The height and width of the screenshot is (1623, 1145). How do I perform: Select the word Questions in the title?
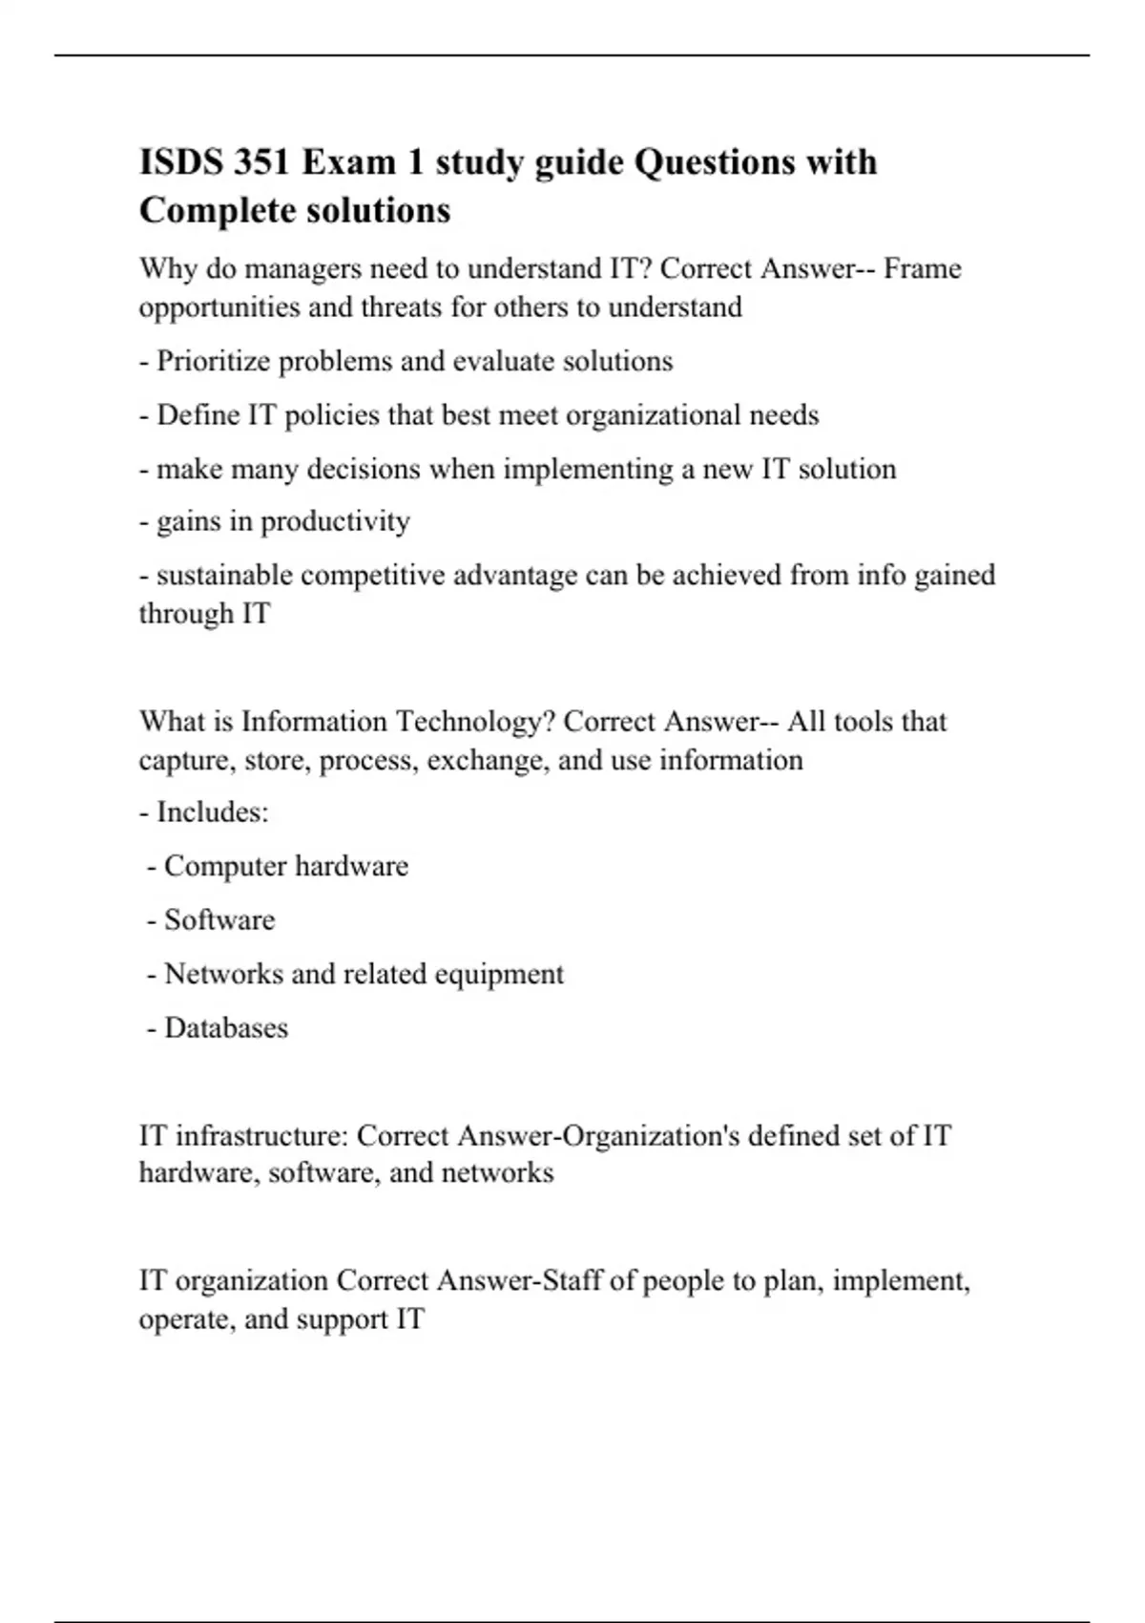point(714,162)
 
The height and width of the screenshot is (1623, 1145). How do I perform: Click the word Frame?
point(922,269)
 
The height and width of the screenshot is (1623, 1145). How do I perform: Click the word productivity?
point(335,521)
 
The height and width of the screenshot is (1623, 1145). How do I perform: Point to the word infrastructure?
point(260,1135)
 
